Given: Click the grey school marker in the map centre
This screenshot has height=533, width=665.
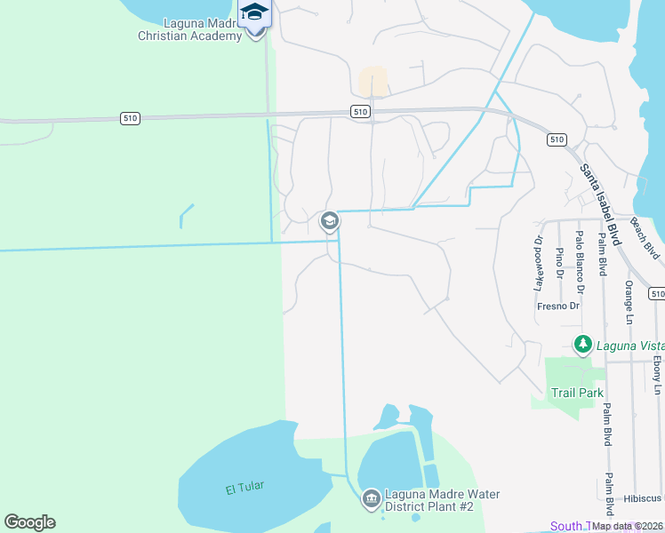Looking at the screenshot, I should tap(329, 221).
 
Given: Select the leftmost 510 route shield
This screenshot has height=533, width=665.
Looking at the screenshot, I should tap(130, 118).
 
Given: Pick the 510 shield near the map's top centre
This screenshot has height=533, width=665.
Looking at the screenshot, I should tap(359, 111).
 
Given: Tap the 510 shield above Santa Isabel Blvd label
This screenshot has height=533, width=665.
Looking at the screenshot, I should tap(557, 139).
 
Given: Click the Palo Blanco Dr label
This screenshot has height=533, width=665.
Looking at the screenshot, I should tap(580, 263).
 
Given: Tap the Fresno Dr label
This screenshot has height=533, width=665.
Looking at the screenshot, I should tap(558, 306).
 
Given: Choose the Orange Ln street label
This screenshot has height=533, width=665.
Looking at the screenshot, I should tap(629, 302).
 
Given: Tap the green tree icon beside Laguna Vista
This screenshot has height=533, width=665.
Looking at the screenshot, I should tap(582, 343).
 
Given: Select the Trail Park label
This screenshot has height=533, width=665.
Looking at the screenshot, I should tap(577, 393).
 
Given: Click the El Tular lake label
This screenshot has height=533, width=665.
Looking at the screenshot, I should tap(244, 487).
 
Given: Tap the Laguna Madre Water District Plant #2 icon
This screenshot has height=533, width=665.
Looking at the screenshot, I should tap(371, 499).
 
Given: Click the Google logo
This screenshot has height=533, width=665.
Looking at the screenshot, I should tap(29, 522).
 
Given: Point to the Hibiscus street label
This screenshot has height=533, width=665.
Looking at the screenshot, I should tap(643, 497).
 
